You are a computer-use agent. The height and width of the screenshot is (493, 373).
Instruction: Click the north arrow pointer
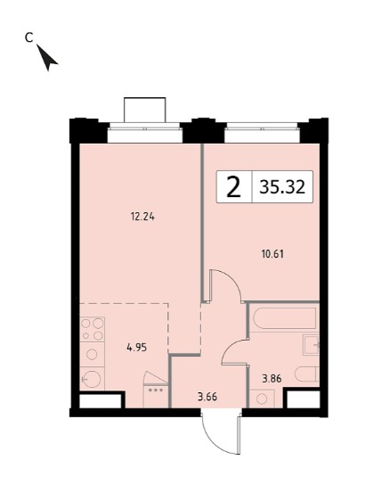[46, 58]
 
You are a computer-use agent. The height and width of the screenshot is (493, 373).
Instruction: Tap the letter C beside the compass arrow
[28, 37]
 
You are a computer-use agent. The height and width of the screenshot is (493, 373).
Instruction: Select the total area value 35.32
[282, 187]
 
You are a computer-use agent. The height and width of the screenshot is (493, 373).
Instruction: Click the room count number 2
[233, 186]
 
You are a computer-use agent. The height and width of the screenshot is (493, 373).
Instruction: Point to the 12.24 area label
[142, 217]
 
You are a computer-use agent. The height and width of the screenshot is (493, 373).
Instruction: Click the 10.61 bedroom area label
[272, 254]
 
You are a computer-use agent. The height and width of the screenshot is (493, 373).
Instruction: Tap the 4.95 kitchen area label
[136, 348]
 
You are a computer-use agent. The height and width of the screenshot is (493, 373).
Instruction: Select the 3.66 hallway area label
[207, 397]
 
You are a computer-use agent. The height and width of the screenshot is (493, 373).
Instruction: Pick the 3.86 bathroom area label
[272, 379]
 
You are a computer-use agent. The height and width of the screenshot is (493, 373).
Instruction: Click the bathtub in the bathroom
[285, 318]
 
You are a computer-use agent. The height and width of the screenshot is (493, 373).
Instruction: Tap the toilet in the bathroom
[307, 374]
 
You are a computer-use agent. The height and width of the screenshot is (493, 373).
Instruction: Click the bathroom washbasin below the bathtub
[312, 345]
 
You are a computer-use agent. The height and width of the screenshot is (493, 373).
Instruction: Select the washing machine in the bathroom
[262, 399]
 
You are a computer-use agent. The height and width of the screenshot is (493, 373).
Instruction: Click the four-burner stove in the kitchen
[92, 329]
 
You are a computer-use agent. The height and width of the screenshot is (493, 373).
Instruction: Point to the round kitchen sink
[92, 379]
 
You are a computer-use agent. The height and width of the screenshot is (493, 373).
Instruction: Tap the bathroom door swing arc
[231, 347]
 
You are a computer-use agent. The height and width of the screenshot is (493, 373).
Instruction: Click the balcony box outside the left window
[144, 110]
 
